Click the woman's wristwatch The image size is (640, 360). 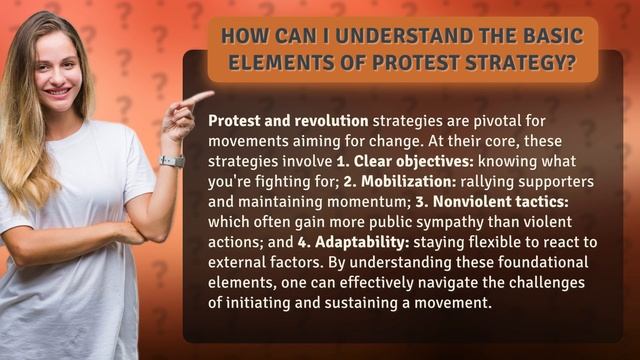click(x=172, y=161)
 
